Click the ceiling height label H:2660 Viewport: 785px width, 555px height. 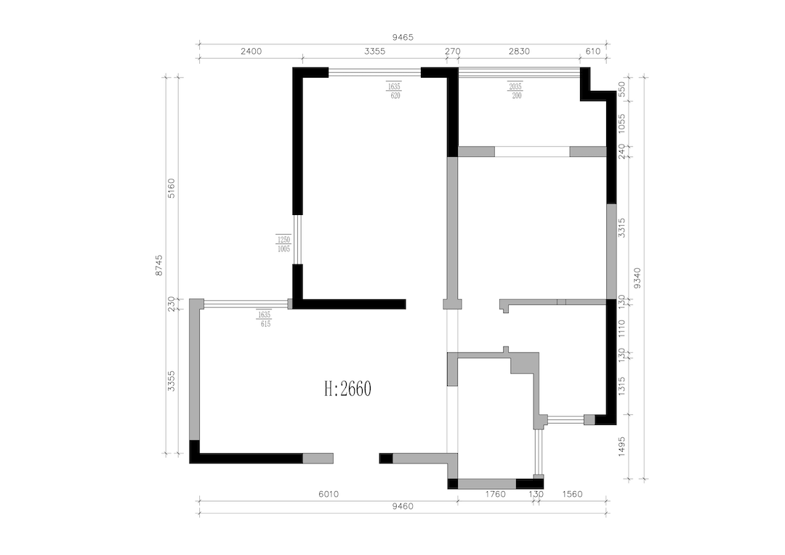click(347, 389)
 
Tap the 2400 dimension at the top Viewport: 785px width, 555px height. click(250, 52)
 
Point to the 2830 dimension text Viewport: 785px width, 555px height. click(519, 52)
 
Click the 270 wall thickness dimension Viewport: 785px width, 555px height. click(452, 52)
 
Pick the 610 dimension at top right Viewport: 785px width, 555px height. click(592, 52)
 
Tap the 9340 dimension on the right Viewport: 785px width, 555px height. click(637, 277)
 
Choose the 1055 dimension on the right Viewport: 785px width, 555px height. click(621, 122)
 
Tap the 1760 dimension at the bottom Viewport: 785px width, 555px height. click(495, 494)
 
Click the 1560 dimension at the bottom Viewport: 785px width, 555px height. click(573, 494)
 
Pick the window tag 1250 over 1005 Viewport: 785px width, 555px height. click(283, 243)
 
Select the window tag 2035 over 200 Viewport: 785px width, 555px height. click(515, 90)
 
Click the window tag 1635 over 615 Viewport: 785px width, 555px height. click(263, 320)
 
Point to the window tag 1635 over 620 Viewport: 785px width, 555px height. click(395, 90)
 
